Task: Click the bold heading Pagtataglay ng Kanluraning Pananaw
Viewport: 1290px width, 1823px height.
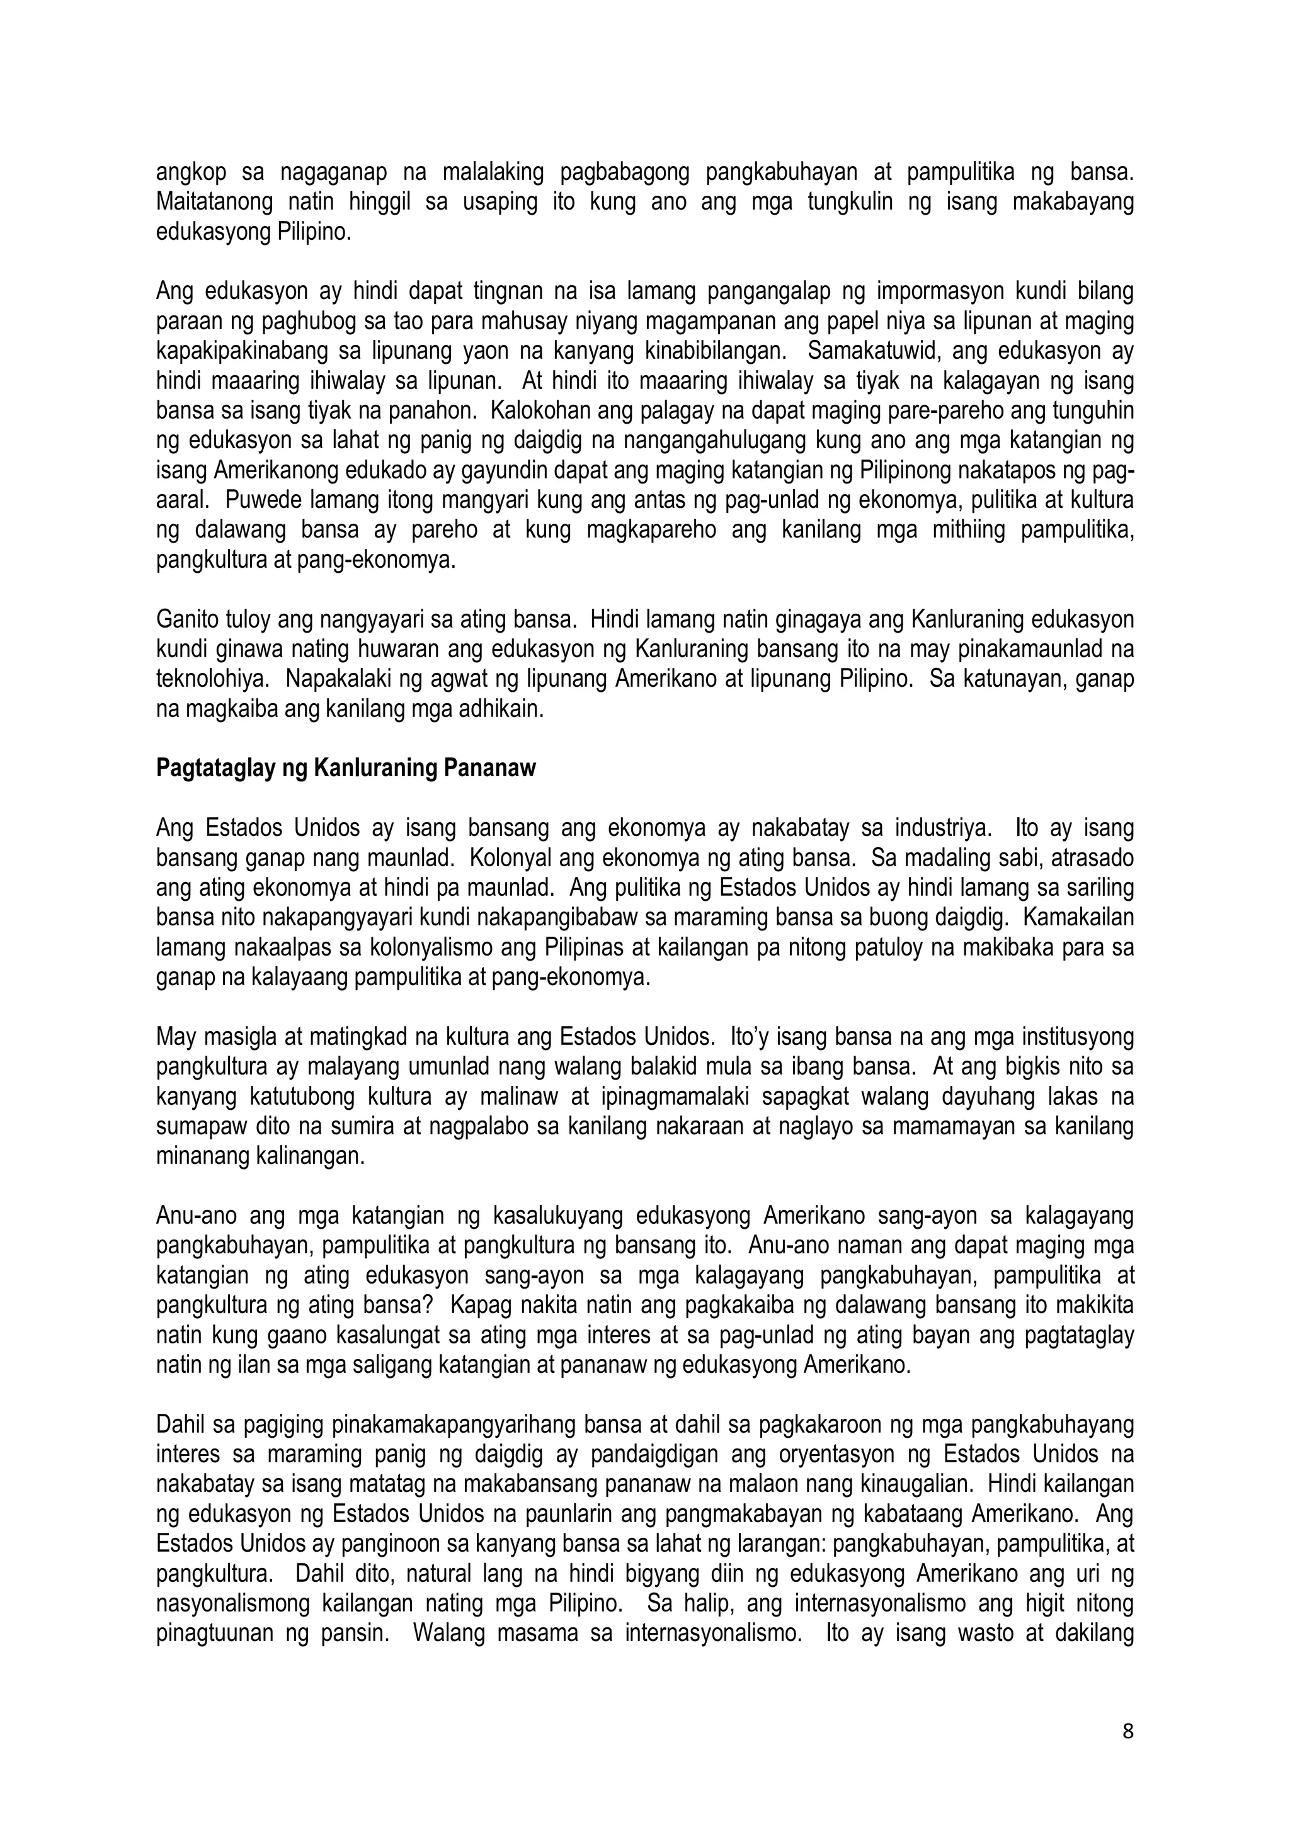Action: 346,769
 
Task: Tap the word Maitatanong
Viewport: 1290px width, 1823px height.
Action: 207,203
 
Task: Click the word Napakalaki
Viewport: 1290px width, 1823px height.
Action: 334,680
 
